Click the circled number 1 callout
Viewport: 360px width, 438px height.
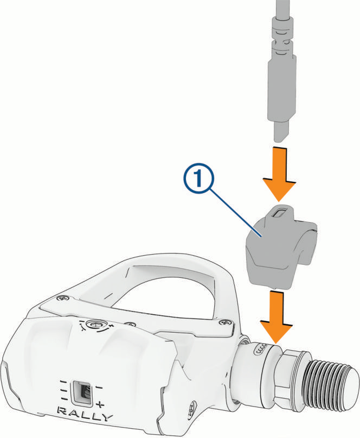pyautogui.click(x=198, y=179)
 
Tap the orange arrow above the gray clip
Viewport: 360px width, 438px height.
pyautogui.click(x=279, y=173)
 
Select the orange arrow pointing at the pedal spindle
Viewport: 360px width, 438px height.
pyautogui.click(x=277, y=317)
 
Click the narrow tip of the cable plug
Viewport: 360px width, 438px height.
pyautogui.click(x=280, y=132)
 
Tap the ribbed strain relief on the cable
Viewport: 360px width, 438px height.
pyautogui.click(x=282, y=36)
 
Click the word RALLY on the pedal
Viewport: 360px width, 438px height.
pyautogui.click(x=85, y=411)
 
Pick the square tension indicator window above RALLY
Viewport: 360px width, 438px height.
pyautogui.click(x=81, y=391)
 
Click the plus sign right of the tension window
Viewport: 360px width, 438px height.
pyautogui.click(x=100, y=404)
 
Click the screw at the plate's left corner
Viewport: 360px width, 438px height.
pyautogui.click(x=62, y=299)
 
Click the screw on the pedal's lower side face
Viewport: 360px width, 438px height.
pyautogui.click(x=192, y=405)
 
